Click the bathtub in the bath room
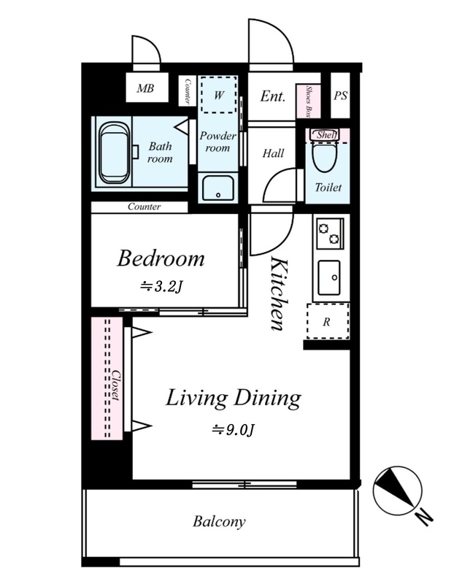(115, 153)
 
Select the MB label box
(146, 88)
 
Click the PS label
(340, 96)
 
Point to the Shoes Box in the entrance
(308, 101)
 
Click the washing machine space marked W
(219, 95)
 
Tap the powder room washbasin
(218, 188)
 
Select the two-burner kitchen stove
(330, 233)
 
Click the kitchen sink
(329, 277)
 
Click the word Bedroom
(161, 258)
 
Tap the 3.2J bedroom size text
(161, 287)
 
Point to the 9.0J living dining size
(234, 430)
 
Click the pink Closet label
(116, 385)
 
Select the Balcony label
(220, 521)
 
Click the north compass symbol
(398, 489)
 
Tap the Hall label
(274, 153)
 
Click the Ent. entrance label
(273, 96)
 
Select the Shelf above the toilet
(324, 135)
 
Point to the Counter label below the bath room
(144, 207)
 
